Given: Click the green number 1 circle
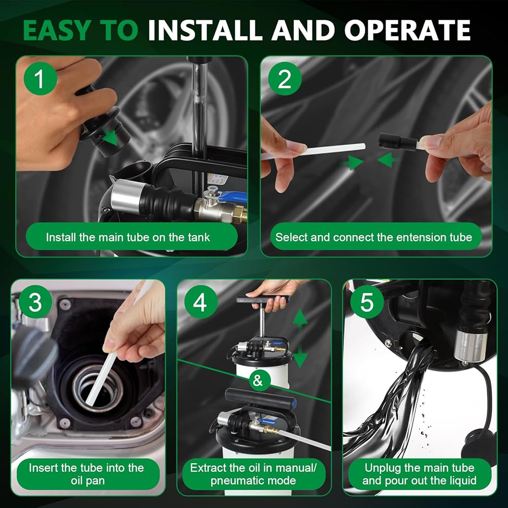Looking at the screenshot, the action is click(41, 78).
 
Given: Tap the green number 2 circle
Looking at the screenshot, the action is click(285, 78).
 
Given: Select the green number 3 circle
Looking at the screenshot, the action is click(36, 302).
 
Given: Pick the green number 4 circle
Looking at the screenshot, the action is click(201, 302).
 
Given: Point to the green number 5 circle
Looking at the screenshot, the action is click(367, 302).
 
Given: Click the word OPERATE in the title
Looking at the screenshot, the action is click(407, 30).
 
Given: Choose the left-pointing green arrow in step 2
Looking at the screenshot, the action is click(388, 160).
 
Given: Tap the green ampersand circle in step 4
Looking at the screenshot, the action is click(258, 380).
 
